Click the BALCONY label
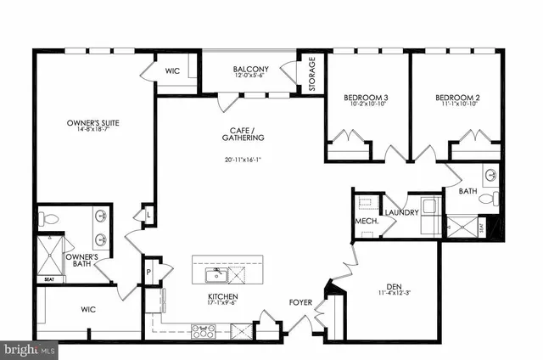point(251,68)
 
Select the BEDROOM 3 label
point(366,99)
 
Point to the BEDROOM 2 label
point(458,99)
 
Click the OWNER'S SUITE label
point(92,124)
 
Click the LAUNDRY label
point(401,212)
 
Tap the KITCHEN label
point(221,297)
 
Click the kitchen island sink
point(213,273)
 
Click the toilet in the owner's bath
point(48,219)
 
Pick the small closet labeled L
point(149,215)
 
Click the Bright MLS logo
point(29,348)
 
